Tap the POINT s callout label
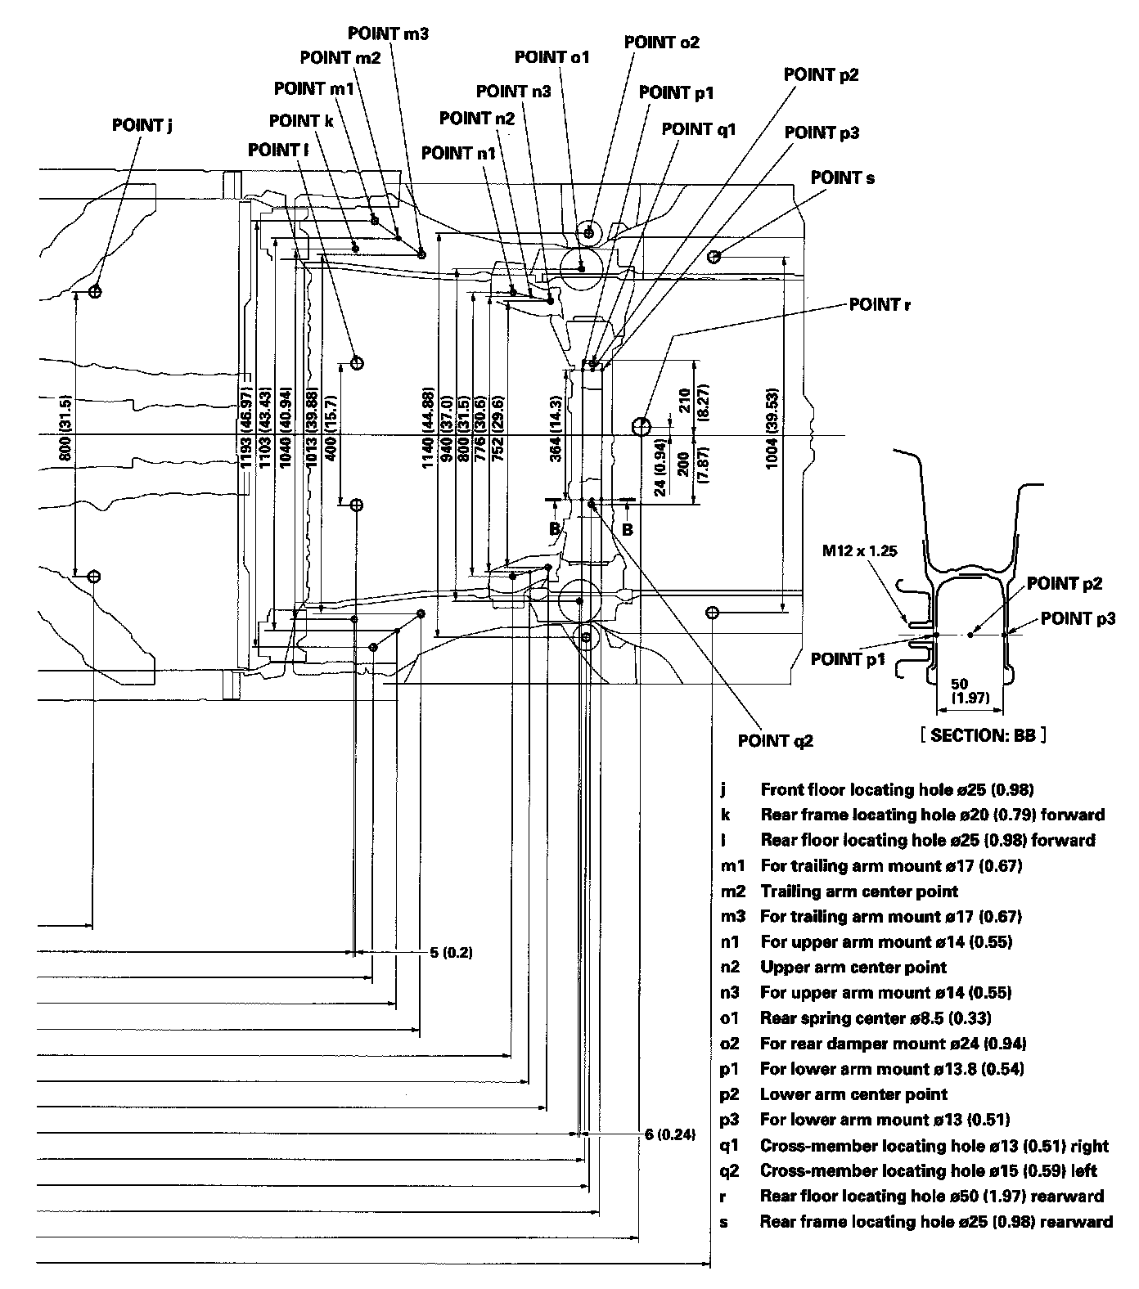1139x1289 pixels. pyautogui.click(x=843, y=177)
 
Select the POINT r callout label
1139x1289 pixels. pyautogui.click(x=880, y=305)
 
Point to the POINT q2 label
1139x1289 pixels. pyautogui.click(x=776, y=741)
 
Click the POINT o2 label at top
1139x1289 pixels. pyautogui.click(x=661, y=42)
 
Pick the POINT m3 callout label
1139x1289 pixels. pyautogui.click(x=388, y=34)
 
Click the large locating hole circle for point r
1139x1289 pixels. pyautogui.click(x=642, y=425)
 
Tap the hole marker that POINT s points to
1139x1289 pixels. pyautogui.click(x=714, y=257)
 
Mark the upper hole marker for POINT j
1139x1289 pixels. pyautogui.click(x=95, y=291)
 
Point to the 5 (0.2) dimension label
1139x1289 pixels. pyautogui.click(x=451, y=953)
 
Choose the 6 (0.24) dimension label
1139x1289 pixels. pyautogui.click(x=669, y=1134)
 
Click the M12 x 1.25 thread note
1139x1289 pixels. pyautogui.click(x=860, y=550)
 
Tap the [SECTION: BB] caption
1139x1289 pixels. pyautogui.click(x=984, y=735)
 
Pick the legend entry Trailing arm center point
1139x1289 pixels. pyautogui.click(x=859, y=891)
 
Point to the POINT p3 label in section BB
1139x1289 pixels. pyautogui.click(x=1078, y=618)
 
